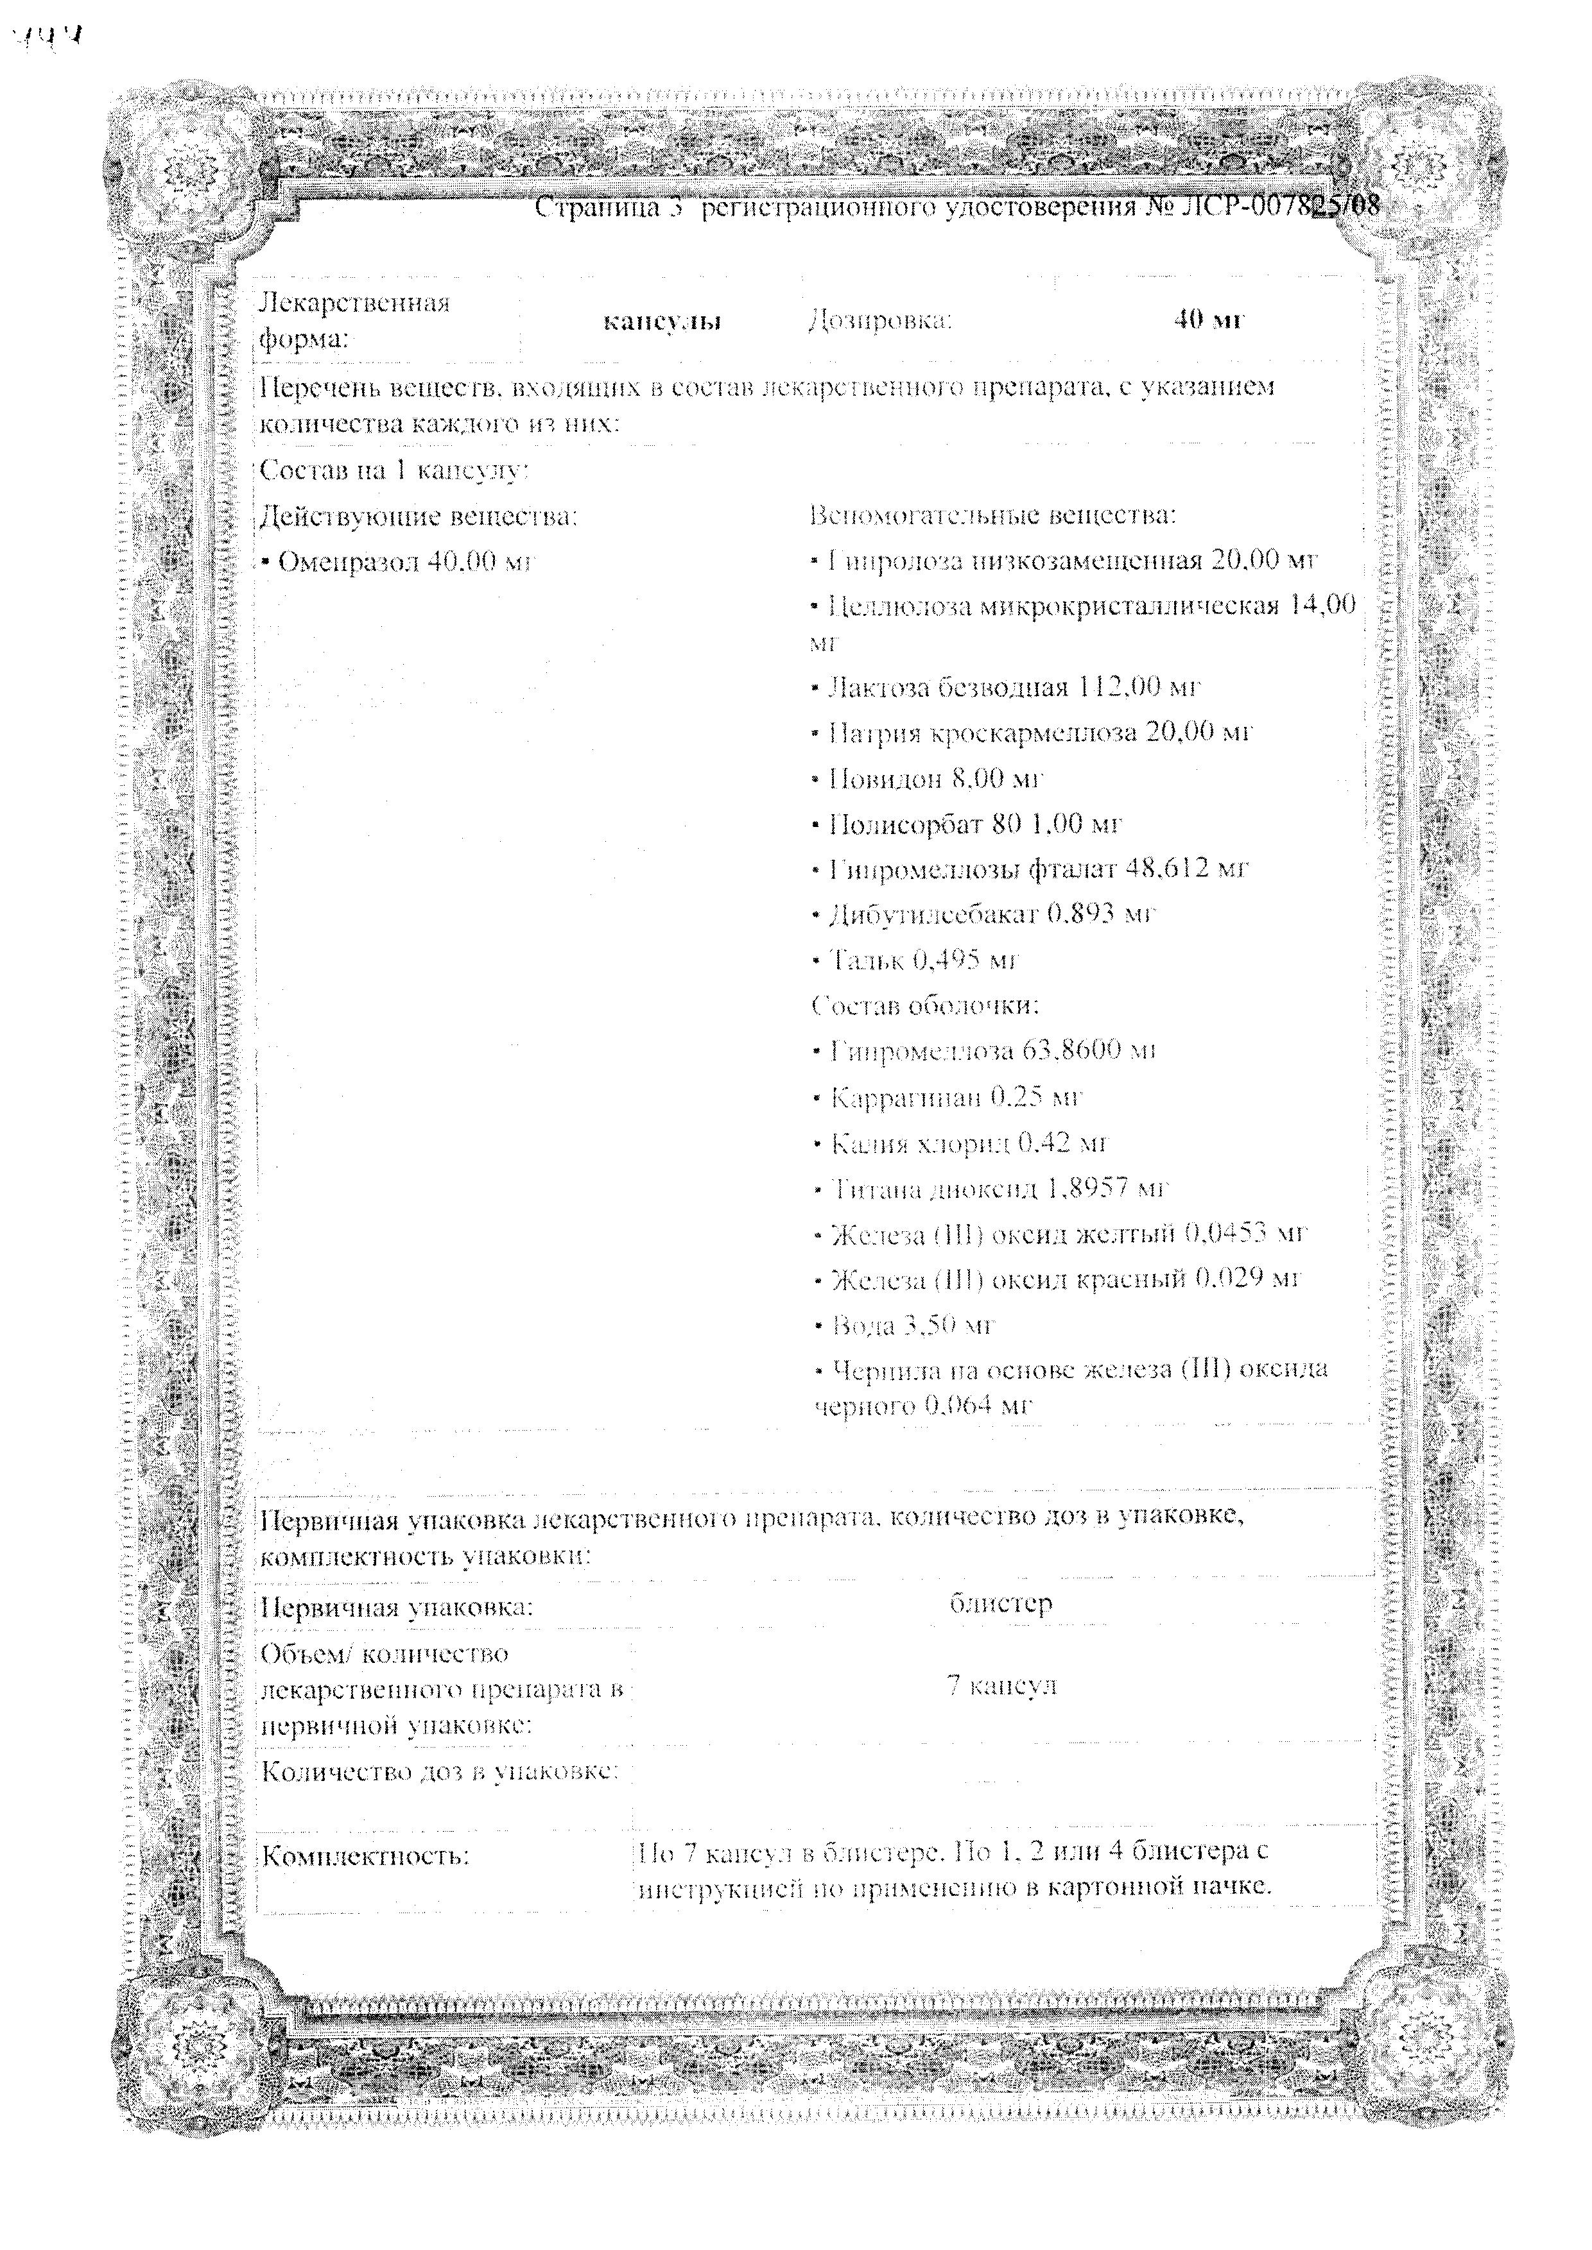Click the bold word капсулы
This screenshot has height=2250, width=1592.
(662, 321)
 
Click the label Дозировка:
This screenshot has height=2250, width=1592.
(879, 320)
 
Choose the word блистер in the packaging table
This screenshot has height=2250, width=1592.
(1001, 1603)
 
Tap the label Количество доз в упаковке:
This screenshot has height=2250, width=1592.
(439, 1771)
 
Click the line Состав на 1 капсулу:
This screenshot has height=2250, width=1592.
(394, 470)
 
